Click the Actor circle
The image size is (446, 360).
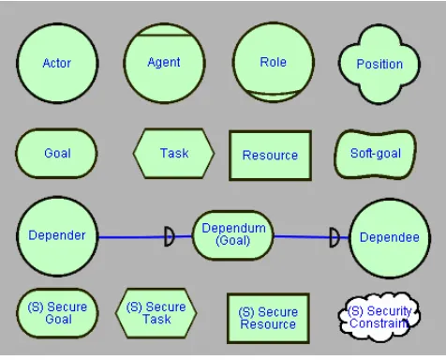[57, 63]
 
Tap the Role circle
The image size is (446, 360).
[274, 62]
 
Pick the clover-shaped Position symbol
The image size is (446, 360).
[379, 64]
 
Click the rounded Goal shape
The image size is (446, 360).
[56, 153]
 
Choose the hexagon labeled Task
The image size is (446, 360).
[173, 153]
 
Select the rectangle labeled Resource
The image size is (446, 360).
[271, 156]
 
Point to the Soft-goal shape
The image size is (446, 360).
[376, 154]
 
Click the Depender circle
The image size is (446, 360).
[57, 236]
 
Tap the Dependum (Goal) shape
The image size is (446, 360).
[233, 235]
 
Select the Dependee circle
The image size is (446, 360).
[390, 238]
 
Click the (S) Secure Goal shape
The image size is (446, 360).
[57, 313]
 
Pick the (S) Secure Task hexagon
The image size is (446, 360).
[156, 313]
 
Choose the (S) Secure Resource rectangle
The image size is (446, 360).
[268, 318]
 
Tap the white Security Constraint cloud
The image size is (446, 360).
[379, 316]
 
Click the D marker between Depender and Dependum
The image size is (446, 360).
[170, 236]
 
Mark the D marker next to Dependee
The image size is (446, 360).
[334, 238]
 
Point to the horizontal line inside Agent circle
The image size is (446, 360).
[164, 35]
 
